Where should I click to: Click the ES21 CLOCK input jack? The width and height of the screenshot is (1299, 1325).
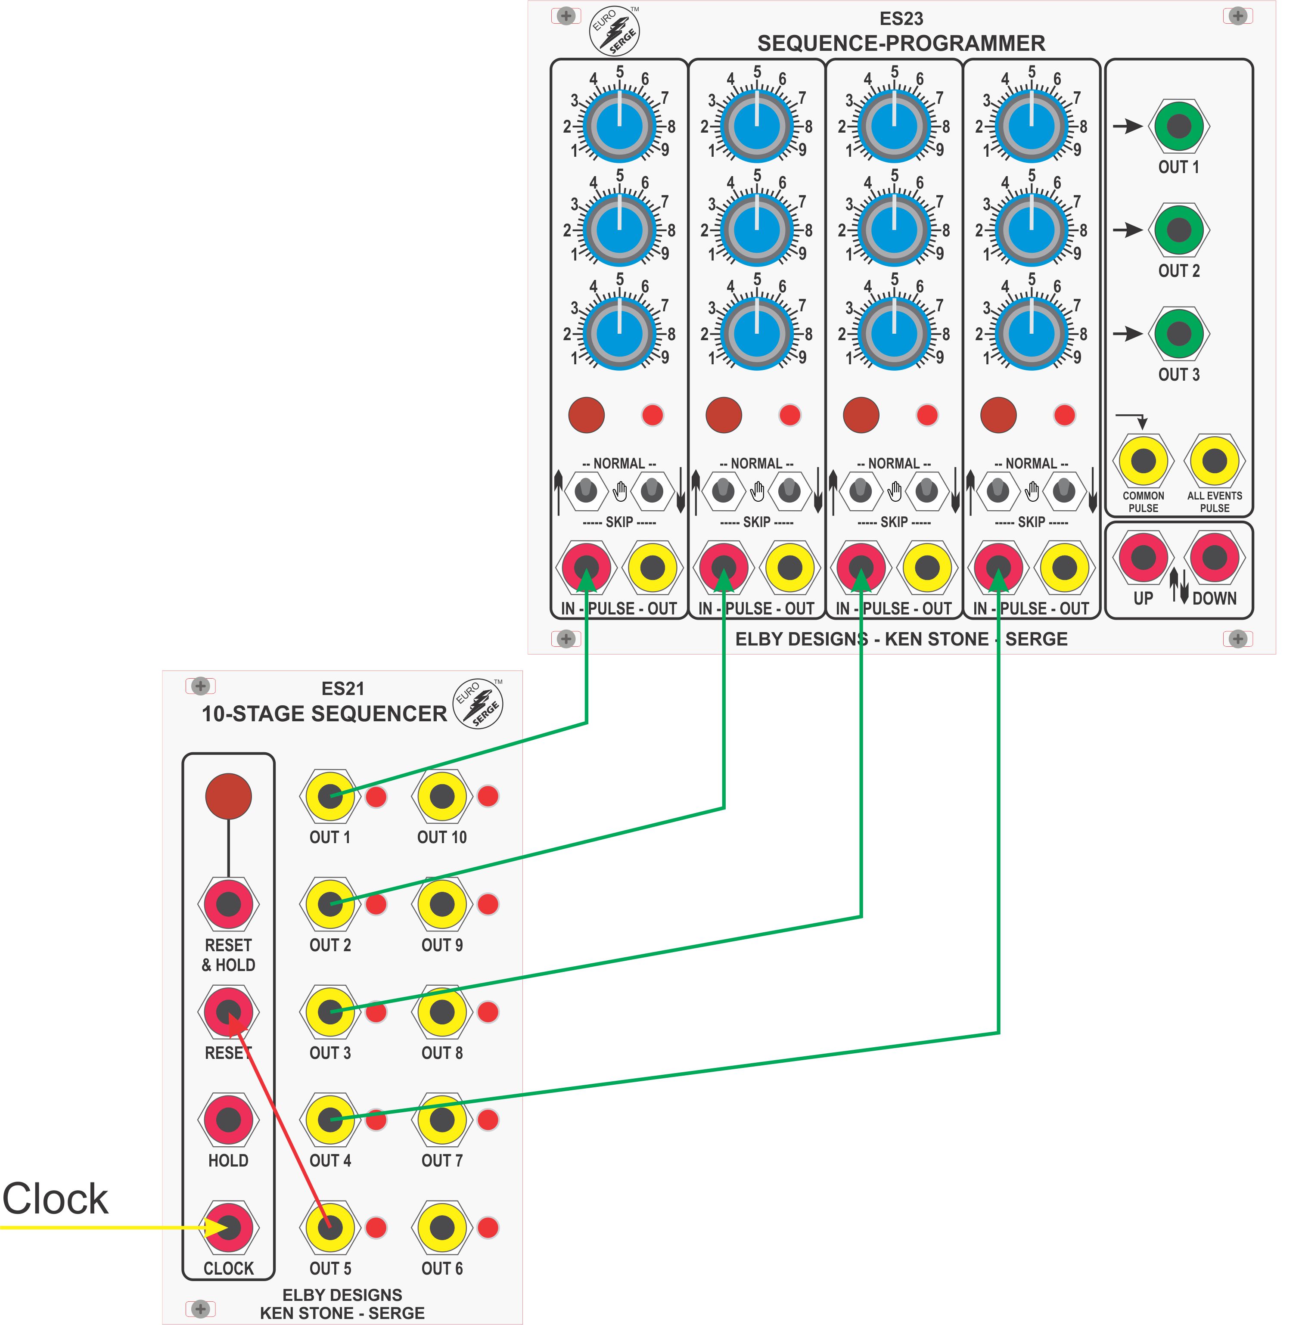229,1228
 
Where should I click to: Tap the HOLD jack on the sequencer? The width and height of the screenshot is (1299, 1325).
229,1120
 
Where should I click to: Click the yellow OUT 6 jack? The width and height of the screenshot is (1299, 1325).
442,1228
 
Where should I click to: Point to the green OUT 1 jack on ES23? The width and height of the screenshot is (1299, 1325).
1179,126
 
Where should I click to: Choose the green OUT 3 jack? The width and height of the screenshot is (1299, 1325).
1179,333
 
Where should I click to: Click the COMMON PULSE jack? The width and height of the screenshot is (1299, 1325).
1144,461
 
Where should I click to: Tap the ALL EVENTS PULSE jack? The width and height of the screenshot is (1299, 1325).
1215,461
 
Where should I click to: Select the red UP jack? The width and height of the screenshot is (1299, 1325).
1144,557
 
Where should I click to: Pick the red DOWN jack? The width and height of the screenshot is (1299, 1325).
1215,557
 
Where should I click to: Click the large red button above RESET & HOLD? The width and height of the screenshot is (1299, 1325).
229,796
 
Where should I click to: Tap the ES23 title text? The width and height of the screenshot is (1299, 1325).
901,19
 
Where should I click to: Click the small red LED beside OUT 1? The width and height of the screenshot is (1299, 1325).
376,797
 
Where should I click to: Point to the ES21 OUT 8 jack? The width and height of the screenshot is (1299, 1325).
442,1012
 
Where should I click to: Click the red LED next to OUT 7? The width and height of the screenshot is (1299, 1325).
488,1120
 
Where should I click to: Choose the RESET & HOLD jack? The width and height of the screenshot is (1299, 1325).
229,904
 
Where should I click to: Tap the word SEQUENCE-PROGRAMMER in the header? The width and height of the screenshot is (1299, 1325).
901,43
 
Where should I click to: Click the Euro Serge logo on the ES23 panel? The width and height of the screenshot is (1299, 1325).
615,31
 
